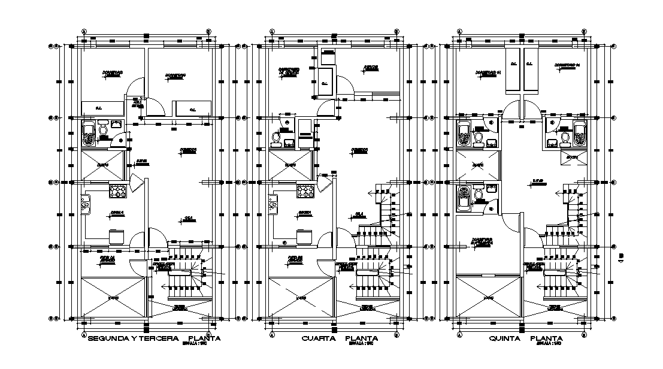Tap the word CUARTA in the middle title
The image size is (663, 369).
[x=317, y=339]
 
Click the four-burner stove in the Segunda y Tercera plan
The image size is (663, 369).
[x=116, y=192]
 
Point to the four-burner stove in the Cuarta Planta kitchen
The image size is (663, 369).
[x=305, y=192]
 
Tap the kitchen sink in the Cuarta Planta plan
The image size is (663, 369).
[x=274, y=206]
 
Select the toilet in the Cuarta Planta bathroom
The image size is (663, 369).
[x=276, y=138]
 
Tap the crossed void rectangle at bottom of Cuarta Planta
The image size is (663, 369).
[x=301, y=297]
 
